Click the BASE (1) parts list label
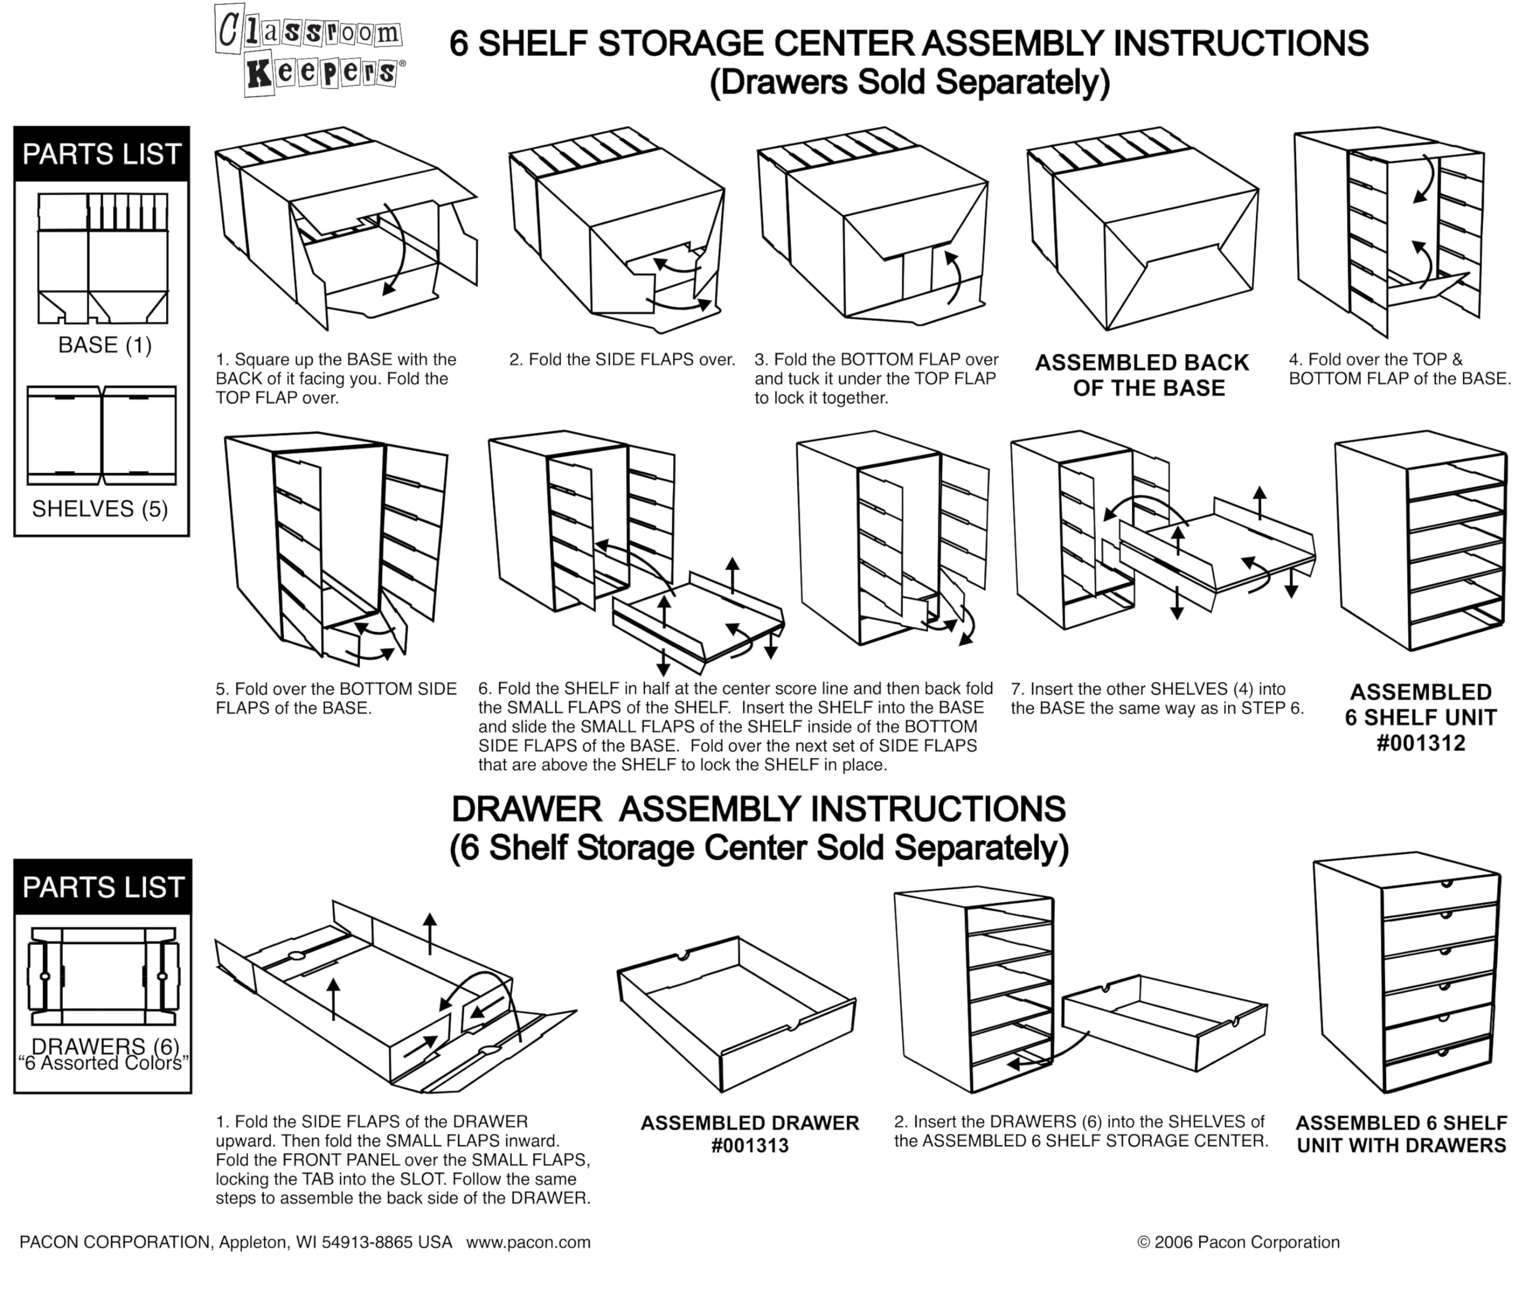(x=105, y=345)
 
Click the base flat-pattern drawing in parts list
(x=103, y=258)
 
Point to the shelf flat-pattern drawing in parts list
(x=102, y=435)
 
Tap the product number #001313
(x=750, y=1145)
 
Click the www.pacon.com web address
(x=528, y=1242)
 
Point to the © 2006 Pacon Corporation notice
(x=1238, y=1242)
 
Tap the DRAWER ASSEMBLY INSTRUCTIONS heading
(x=758, y=810)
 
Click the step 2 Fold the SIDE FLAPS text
(x=622, y=360)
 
